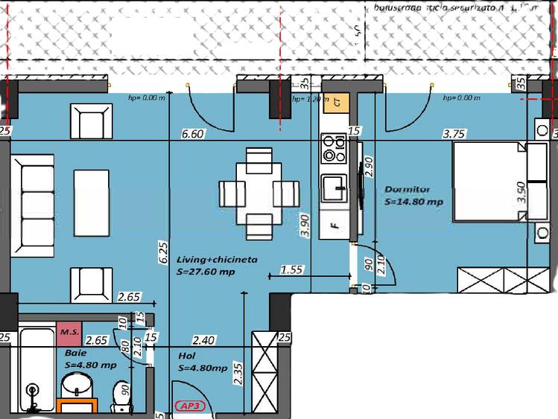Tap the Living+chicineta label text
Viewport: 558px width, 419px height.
[x=217, y=260]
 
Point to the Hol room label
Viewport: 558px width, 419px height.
[x=186, y=356]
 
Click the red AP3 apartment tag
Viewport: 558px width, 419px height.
[x=193, y=407]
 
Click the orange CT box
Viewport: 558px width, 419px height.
[x=337, y=103]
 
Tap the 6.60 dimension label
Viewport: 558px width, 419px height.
[x=192, y=134]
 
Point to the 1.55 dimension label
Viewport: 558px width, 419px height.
[x=293, y=270]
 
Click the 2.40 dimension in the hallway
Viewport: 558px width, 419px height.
[x=204, y=340]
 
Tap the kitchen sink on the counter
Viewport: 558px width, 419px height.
[x=332, y=188]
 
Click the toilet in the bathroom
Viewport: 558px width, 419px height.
[x=119, y=395]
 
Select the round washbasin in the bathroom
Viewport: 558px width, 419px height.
[x=76, y=386]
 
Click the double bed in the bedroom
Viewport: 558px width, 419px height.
[x=488, y=182]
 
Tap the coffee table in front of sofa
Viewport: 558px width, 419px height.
[x=92, y=196]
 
